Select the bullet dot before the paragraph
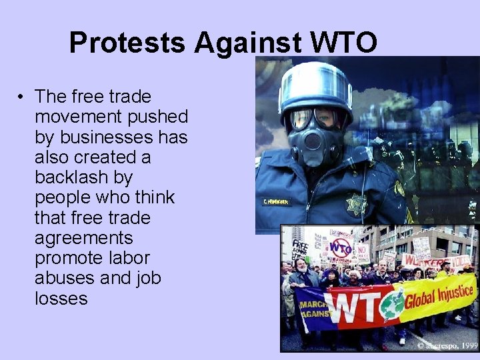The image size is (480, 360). pyautogui.click(x=23, y=97)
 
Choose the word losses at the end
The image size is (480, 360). pyautogui.click(x=61, y=298)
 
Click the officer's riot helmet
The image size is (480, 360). pyautogui.click(x=315, y=86)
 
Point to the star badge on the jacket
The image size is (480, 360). pyautogui.click(x=357, y=204)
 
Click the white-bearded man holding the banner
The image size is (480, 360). pyautogui.click(x=301, y=273)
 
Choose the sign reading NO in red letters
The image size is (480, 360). pyautogui.click(x=362, y=253)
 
